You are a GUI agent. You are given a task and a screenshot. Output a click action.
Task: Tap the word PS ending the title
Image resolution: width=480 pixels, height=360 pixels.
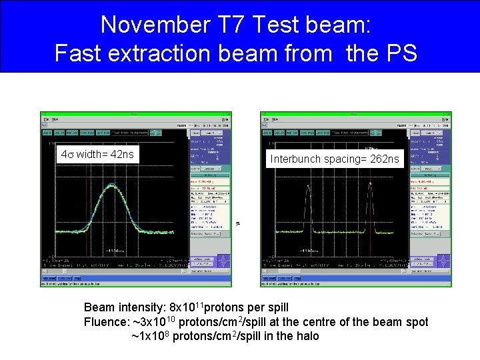click(x=399, y=52)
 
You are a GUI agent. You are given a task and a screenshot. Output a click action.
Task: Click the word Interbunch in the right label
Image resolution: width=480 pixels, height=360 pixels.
click(x=295, y=159)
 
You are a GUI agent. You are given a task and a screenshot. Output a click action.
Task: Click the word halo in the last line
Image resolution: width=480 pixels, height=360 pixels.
click(x=306, y=336)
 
